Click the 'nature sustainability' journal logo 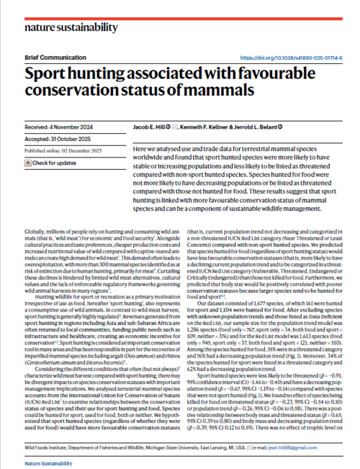tap(71, 27)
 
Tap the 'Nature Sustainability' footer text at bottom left tap(45, 458)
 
